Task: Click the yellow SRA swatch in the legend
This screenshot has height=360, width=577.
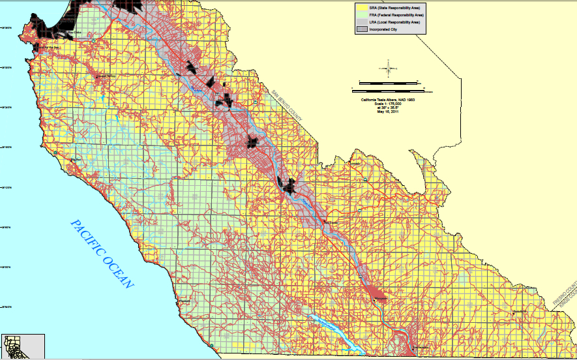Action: tap(360, 7)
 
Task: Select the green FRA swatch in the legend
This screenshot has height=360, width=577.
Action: tap(360, 14)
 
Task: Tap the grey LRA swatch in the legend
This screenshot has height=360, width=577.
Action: tap(360, 22)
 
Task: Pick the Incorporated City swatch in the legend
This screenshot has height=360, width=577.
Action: tap(360, 29)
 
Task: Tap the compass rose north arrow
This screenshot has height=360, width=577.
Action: tap(388, 68)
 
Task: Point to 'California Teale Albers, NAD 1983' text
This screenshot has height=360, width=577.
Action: tap(388, 99)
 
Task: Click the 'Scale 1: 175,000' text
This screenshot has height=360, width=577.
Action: tap(388, 103)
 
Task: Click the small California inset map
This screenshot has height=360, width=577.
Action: tap(22, 346)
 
